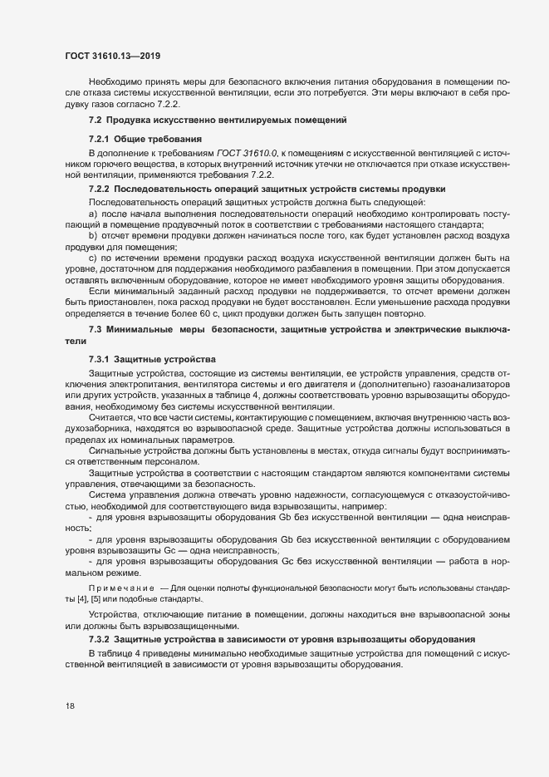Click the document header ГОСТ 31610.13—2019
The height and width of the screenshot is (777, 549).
112,56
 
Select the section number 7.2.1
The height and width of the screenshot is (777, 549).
98,136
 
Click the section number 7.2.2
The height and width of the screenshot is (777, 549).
98,189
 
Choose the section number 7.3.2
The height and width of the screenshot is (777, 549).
98,639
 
